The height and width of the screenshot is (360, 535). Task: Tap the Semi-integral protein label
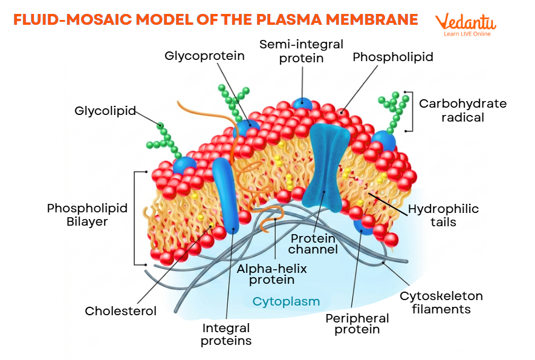point(301,51)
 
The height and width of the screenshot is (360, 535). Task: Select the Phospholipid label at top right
point(393,57)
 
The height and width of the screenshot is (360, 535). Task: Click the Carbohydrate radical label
point(462,110)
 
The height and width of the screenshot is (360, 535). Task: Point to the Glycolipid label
point(105,111)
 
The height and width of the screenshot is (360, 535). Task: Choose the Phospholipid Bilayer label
point(87,215)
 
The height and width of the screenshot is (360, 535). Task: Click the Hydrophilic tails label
point(443,215)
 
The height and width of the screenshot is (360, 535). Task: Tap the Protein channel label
point(312,243)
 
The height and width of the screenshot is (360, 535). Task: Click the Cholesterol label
point(120,311)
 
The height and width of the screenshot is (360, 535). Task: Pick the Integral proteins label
point(226,334)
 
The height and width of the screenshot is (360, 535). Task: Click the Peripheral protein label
point(357,324)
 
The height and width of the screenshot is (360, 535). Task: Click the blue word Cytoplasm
point(286,301)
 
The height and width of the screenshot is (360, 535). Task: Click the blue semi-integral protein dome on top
point(302,103)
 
